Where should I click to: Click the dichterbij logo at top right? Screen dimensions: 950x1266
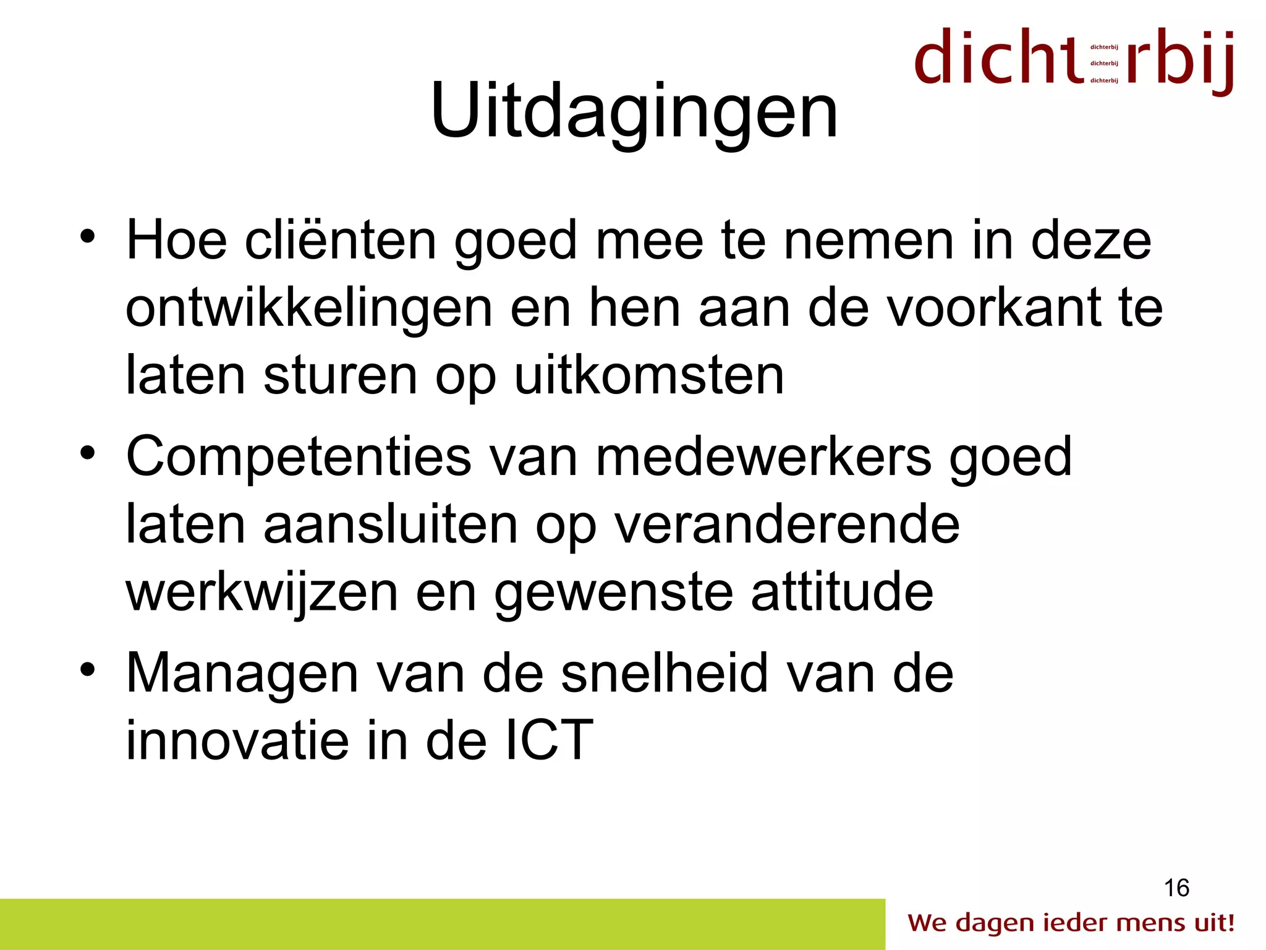(x=1074, y=60)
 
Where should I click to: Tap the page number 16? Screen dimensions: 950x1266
(x=1176, y=888)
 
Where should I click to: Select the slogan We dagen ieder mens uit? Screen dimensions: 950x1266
(x=1071, y=923)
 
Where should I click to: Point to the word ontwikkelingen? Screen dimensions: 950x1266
(x=308, y=308)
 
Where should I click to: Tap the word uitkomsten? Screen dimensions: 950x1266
(x=649, y=375)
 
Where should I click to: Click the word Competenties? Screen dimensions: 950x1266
(x=299, y=458)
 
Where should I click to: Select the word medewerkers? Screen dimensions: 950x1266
(x=763, y=456)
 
